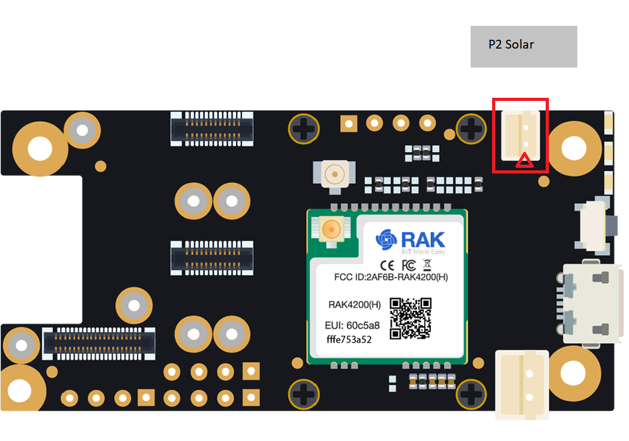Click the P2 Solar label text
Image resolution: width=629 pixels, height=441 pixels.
coord(511,44)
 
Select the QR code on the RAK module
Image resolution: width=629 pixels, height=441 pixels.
coord(410,318)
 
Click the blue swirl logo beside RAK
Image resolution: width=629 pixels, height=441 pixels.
coord(386,240)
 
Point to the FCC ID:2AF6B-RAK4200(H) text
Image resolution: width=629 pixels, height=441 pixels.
coord(391,277)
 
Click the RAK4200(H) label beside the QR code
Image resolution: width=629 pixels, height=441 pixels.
coord(355,305)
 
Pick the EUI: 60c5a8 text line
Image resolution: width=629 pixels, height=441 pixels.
coord(352,325)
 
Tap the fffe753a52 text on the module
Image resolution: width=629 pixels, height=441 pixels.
coord(349,339)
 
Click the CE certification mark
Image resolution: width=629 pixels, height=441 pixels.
coord(387,265)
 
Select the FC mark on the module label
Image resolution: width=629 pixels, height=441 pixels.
coord(409,265)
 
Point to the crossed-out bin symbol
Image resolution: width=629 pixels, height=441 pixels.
coord(427,265)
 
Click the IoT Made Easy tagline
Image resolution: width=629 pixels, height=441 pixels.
coord(423,252)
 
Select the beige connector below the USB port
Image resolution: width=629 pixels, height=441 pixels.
coord(522,385)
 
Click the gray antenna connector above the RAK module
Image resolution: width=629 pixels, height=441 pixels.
coord(334,175)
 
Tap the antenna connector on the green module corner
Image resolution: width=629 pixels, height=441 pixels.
coord(331,230)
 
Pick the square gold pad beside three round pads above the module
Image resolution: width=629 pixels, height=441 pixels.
coord(349,124)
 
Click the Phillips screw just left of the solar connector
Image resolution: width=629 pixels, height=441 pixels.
coord(471,129)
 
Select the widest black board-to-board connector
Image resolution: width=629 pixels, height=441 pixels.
coord(98,343)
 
